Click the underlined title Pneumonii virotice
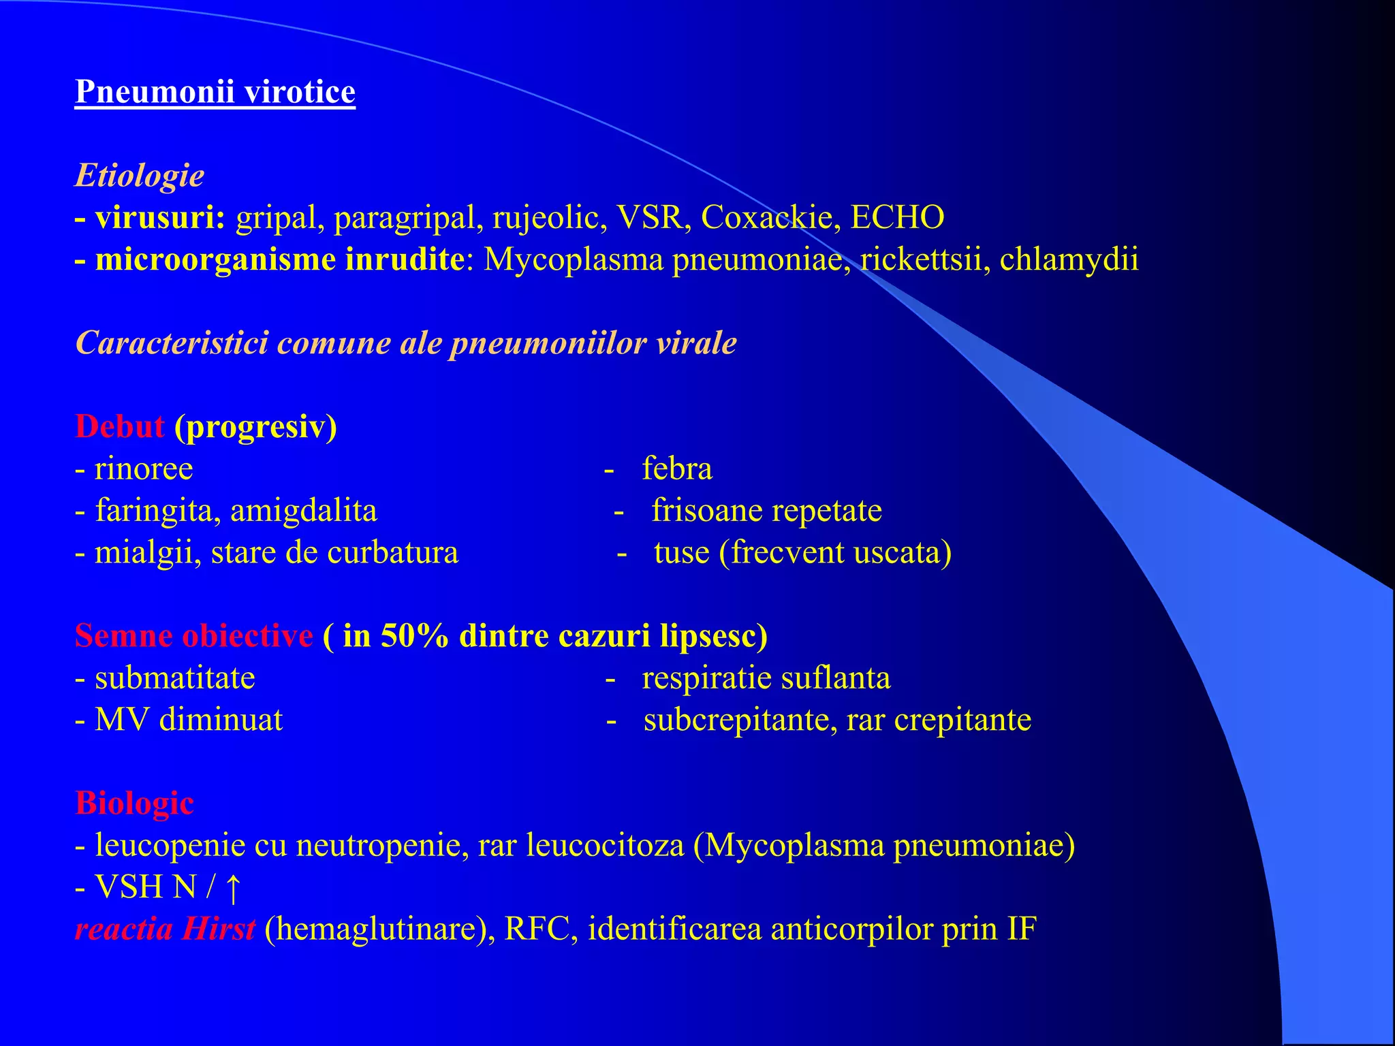click(215, 91)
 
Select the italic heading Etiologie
click(139, 175)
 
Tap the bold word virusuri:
click(160, 218)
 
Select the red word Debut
click(120, 427)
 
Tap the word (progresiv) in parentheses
click(255, 427)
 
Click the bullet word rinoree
click(144, 469)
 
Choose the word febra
click(677, 469)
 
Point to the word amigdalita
click(304, 511)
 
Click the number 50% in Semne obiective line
click(414, 636)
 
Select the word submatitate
click(175, 678)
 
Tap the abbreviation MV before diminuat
click(122, 720)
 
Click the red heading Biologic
click(134, 804)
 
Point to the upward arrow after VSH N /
click(232, 888)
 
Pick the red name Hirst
click(219, 929)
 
